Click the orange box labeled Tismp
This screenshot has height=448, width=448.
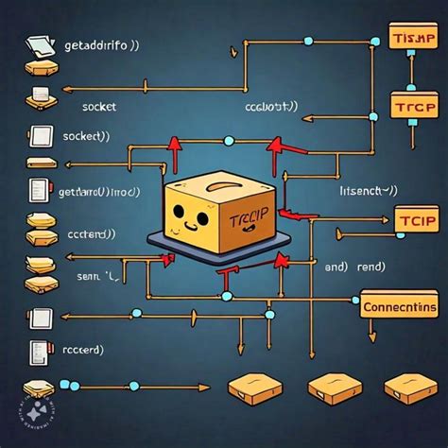(412, 39)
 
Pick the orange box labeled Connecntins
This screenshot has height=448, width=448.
(399, 306)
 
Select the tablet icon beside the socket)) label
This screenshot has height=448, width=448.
(40, 135)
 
